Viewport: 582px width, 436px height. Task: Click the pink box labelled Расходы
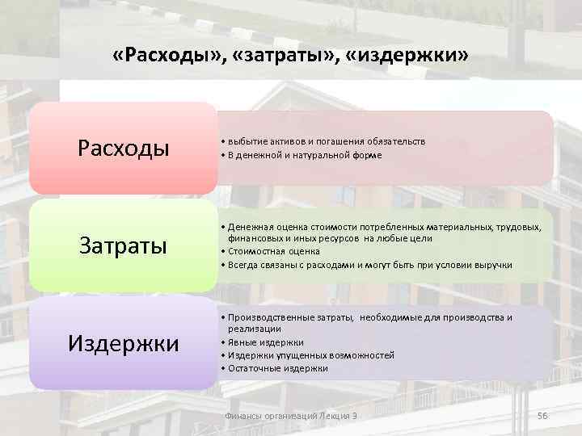click(124, 149)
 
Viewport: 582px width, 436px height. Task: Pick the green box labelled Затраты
click(124, 245)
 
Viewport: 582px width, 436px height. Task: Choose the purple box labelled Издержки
click(124, 343)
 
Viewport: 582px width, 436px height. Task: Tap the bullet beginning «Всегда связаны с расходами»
click(369, 265)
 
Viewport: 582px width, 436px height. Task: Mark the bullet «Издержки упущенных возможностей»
click(310, 355)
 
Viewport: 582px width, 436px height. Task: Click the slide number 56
click(542, 415)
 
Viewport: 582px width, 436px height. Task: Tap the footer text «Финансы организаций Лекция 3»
click(290, 415)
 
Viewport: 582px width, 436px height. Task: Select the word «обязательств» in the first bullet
click(399, 141)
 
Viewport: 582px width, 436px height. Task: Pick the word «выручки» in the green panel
click(495, 265)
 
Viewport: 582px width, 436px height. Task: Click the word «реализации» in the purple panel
click(254, 329)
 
